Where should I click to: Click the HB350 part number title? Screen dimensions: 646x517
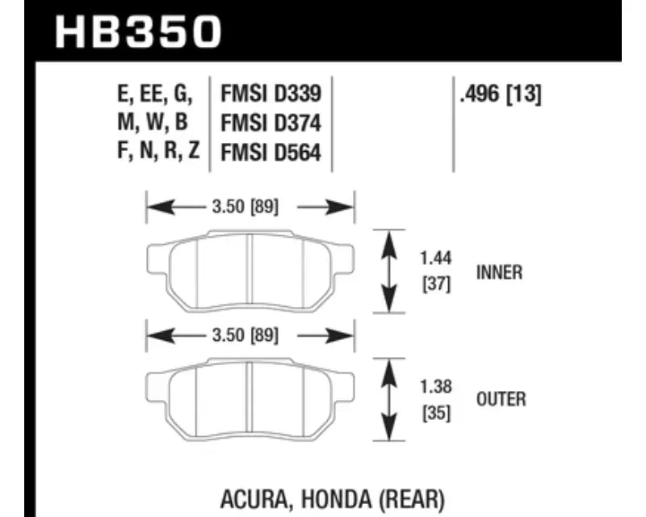(x=138, y=32)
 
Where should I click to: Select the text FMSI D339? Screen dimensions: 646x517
(x=271, y=94)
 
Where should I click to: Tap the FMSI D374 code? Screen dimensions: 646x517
(x=271, y=124)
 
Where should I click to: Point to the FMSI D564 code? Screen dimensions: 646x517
(x=271, y=153)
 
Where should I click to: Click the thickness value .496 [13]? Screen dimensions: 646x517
(x=501, y=94)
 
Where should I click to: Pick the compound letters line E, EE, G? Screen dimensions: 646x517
(x=155, y=94)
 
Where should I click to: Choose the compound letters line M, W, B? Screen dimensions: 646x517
(x=153, y=123)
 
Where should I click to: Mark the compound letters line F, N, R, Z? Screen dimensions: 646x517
(x=158, y=151)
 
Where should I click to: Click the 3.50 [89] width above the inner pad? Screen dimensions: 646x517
(x=245, y=207)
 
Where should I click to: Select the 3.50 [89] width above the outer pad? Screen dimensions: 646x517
(x=245, y=335)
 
